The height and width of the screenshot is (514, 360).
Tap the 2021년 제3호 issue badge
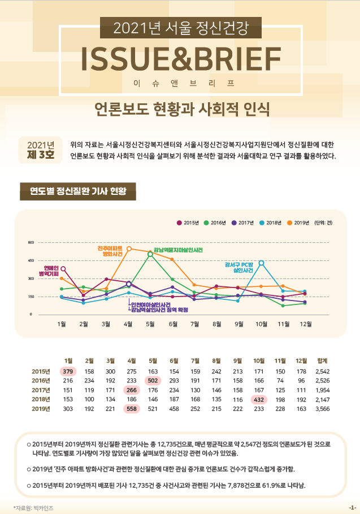pos(40,150)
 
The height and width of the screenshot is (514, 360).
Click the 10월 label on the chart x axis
pos(261,324)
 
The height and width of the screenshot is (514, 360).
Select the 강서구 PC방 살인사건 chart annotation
pos(237,267)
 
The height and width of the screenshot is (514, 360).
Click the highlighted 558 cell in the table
pos(132,408)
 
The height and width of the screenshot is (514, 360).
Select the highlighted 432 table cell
pos(259,399)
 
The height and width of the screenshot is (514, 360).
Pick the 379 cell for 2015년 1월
pos(68,371)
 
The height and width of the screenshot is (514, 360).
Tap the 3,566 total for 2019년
pos(323,408)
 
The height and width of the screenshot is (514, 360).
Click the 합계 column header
pos(323,360)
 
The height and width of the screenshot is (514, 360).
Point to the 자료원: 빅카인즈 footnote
pos(33,508)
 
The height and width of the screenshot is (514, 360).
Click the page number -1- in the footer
pos(352,508)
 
